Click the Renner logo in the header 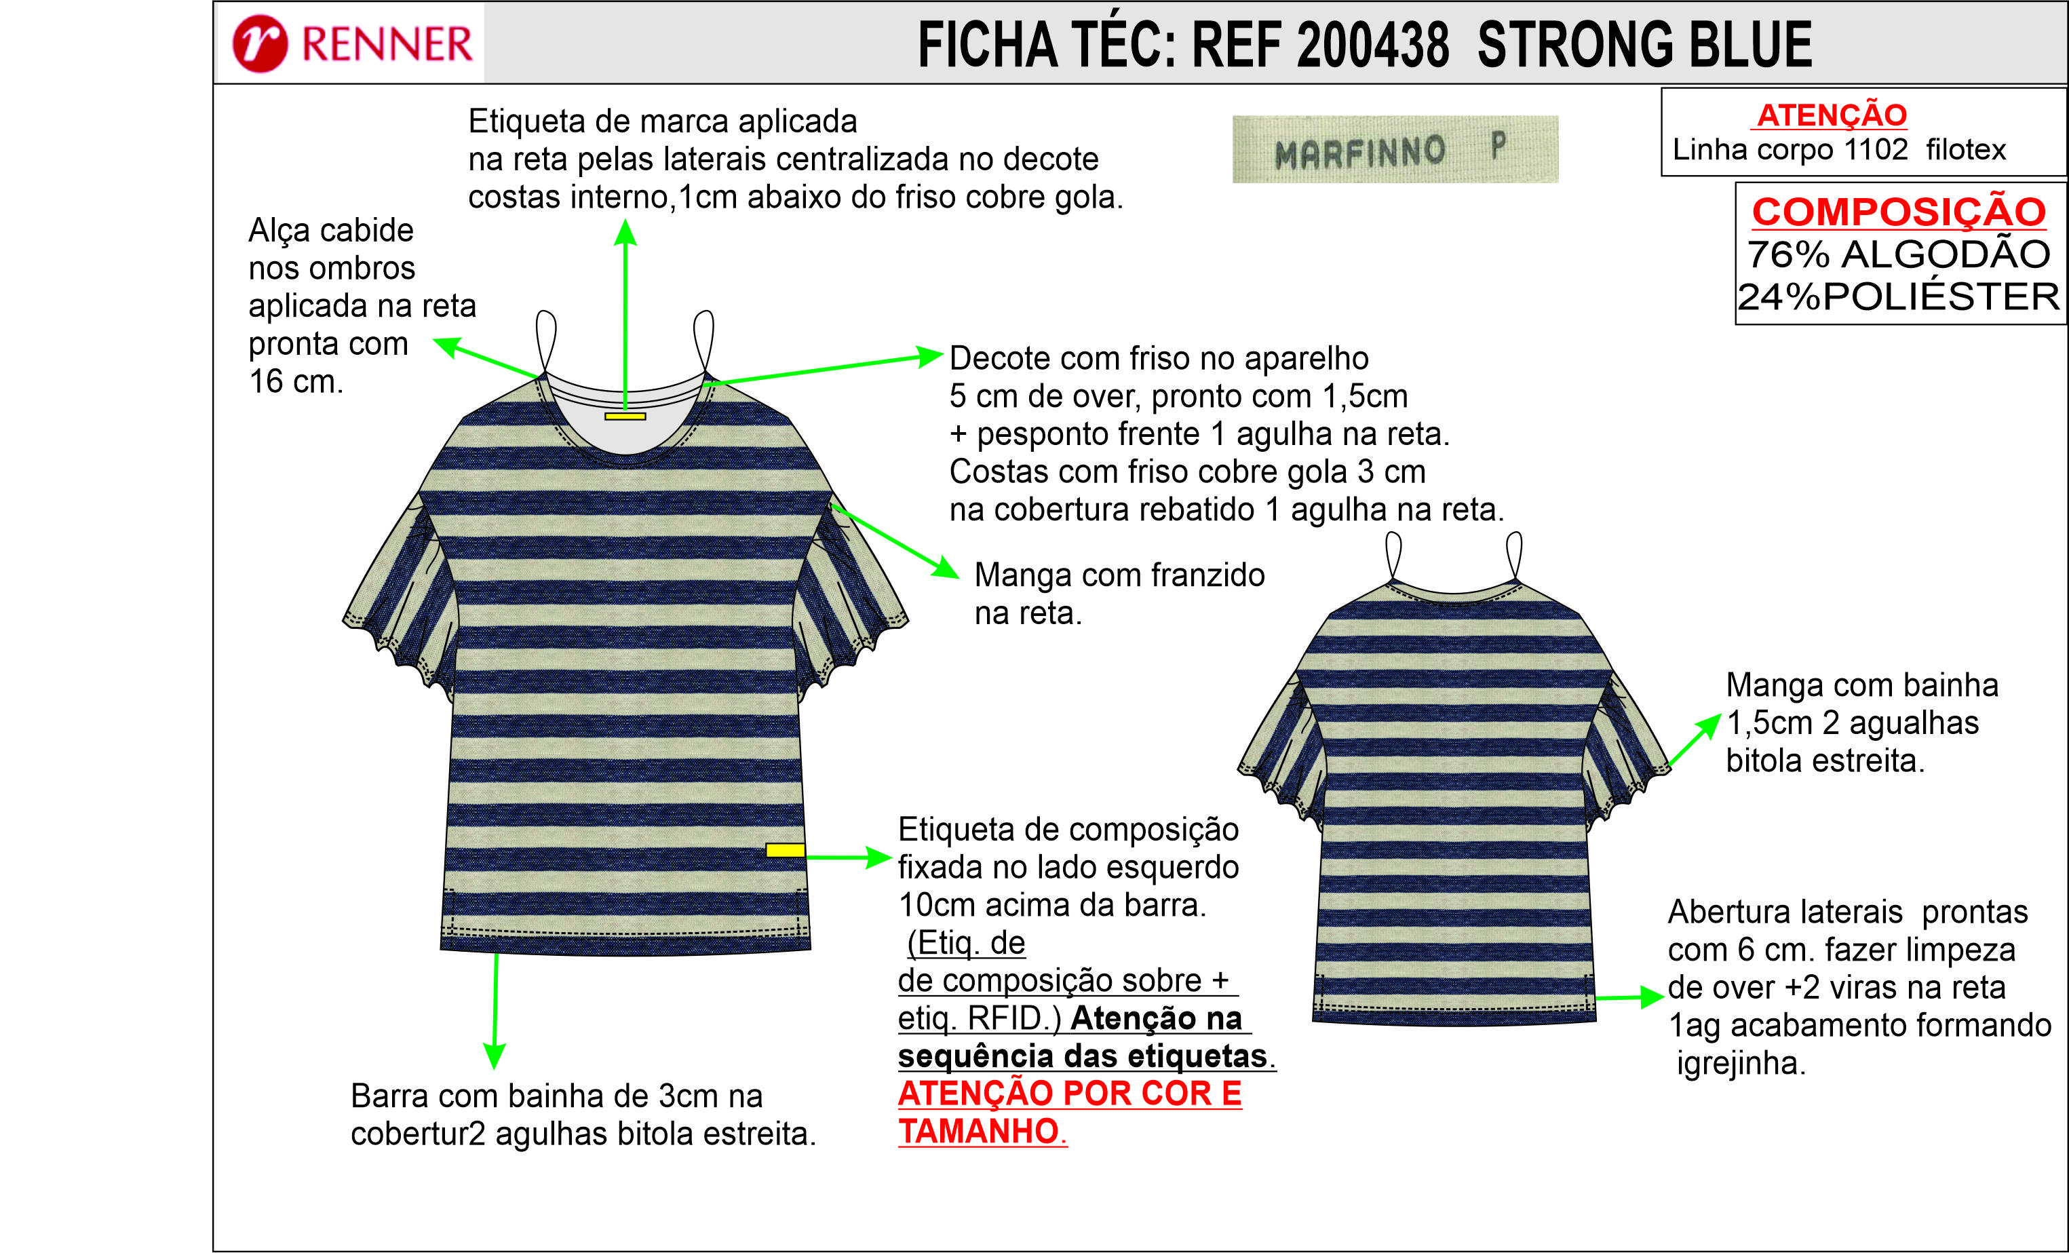click(x=353, y=43)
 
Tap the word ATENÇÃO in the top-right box click(x=1832, y=114)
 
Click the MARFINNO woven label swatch click(x=1395, y=149)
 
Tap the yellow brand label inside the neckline click(x=625, y=416)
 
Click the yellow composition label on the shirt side click(x=785, y=850)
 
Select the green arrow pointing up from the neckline click(x=625, y=315)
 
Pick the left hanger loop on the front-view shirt click(x=546, y=340)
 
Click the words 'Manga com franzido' click(x=1119, y=575)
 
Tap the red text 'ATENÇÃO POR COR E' click(x=1070, y=1094)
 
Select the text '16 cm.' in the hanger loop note click(x=296, y=381)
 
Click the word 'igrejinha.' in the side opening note click(x=1741, y=1063)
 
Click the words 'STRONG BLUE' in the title click(x=1645, y=45)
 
